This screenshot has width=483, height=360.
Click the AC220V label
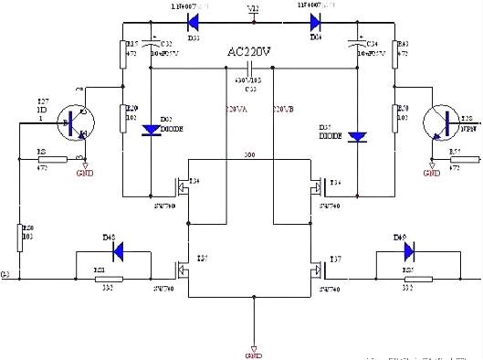pyautogui.click(x=250, y=53)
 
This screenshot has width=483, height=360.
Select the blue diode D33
pyautogui.click(x=193, y=17)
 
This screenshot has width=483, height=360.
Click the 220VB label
pyautogui.click(x=284, y=111)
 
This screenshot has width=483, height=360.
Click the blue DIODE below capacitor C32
pyautogui.click(x=149, y=131)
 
